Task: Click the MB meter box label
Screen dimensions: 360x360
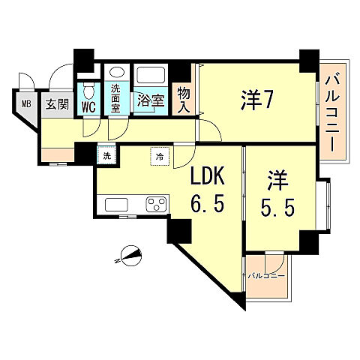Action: pyautogui.click(x=25, y=104)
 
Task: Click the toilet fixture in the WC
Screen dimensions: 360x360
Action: pyautogui.click(x=88, y=91)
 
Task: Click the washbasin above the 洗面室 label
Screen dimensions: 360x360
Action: pyautogui.click(x=116, y=73)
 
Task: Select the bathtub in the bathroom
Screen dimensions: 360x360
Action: pyautogui.click(x=152, y=76)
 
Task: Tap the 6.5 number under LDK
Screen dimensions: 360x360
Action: pyautogui.click(x=205, y=205)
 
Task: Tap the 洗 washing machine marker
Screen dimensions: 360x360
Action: pyautogui.click(x=107, y=156)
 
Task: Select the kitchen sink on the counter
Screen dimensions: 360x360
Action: pyautogui.click(x=118, y=205)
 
